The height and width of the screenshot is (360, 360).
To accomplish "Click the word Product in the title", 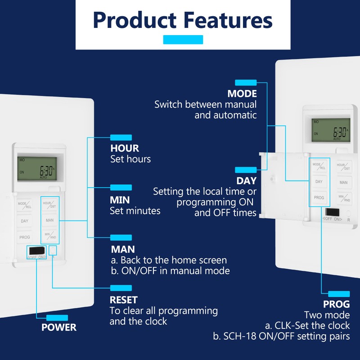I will click(x=135, y=21).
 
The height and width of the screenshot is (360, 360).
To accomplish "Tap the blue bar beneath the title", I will click(x=183, y=40).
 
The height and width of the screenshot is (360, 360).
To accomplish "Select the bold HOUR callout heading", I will click(x=125, y=148).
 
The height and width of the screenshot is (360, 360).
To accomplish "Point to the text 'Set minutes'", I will click(x=135, y=210).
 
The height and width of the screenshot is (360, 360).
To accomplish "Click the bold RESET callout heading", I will click(x=124, y=300).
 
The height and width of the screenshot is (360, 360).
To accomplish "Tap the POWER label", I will click(x=59, y=327).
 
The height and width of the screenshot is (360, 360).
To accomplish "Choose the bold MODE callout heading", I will click(x=242, y=94).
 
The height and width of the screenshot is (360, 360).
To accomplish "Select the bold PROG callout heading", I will click(x=336, y=304).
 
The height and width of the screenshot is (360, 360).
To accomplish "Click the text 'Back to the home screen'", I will click(x=173, y=260).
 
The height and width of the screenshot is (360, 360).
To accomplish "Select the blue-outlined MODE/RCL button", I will click(x=319, y=166).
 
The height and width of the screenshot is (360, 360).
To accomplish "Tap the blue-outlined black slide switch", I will click(x=36, y=250).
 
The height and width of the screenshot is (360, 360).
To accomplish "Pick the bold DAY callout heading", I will click(x=246, y=181).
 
